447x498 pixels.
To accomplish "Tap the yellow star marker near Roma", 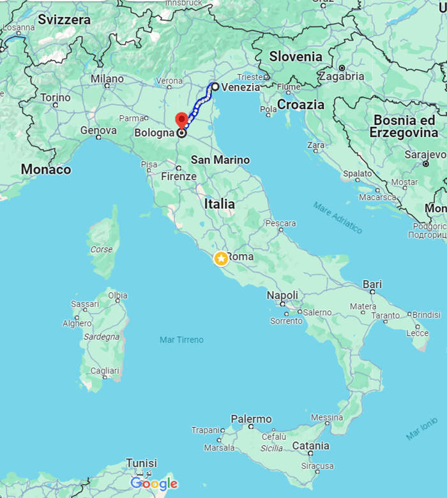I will click(221, 259).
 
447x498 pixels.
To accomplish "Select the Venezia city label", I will click(241, 87).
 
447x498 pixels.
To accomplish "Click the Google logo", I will click(154, 484).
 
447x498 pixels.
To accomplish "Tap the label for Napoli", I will click(282, 296).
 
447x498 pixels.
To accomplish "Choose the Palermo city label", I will click(251, 419).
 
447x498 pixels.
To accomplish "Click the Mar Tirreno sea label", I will click(181, 340).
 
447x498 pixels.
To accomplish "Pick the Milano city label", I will click(107, 79).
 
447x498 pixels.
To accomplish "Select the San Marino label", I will click(220, 160).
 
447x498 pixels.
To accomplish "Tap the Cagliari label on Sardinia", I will click(105, 371).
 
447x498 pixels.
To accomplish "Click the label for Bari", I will click(372, 284).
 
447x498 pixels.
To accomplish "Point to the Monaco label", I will click(46, 170).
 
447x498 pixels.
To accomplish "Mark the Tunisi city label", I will click(141, 463).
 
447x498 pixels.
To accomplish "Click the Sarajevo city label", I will click(427, 155).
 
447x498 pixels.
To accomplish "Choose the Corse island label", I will click(102, 250).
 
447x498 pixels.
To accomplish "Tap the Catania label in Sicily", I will click(310, 446).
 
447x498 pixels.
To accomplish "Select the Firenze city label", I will click(179, 176).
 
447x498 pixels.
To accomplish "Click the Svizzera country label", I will click(64, 20).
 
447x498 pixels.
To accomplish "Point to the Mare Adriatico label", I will click(337, 218).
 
